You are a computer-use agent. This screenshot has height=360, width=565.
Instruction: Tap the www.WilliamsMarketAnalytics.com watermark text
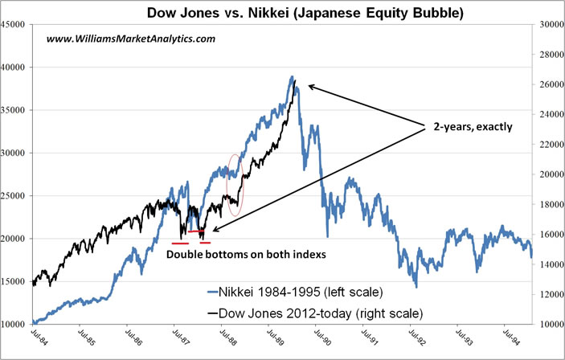coord(131,39)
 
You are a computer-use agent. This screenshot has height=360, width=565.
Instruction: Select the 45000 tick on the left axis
coord(14,24)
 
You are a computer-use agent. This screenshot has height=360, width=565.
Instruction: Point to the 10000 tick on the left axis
coord(14,324)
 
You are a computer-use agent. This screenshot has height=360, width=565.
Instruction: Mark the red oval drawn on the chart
coord(235,184)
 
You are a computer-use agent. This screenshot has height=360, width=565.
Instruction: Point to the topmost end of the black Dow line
coord(296,81)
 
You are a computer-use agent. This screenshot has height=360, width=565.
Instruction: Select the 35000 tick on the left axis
coord(14,110)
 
